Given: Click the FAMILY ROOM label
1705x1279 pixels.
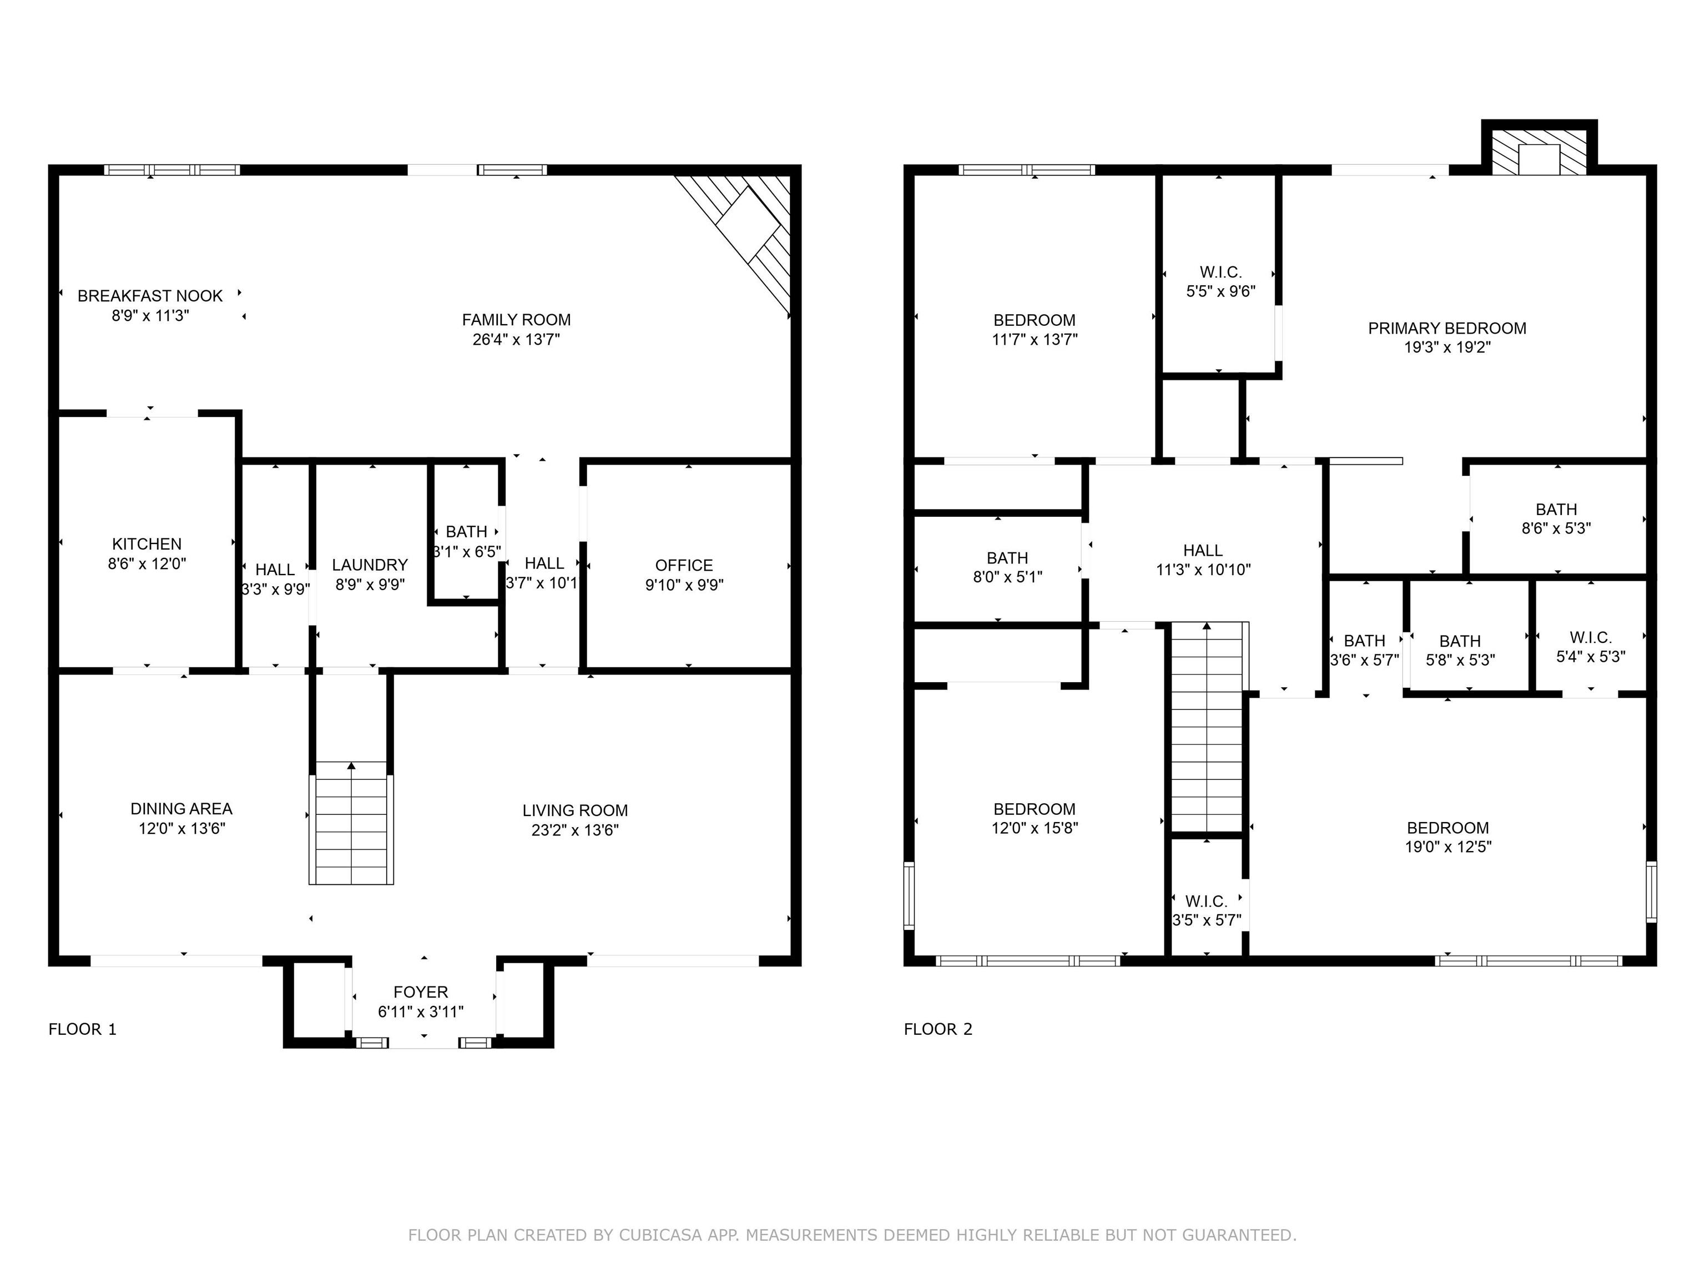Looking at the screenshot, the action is (516, 320).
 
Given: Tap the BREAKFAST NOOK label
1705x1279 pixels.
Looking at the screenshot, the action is (150, 296).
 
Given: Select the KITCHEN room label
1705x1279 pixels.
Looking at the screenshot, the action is (147, 544).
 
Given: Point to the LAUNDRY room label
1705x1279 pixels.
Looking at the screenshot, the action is (370, 565).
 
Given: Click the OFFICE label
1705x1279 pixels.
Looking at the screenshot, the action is (684, 565).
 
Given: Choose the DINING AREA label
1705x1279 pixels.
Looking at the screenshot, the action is (181, 809).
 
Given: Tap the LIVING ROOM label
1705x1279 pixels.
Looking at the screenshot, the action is (575, 810).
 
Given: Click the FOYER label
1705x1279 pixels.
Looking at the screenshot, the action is (421, 992).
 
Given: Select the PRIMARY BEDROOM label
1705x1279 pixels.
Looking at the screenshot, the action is (1447, 329).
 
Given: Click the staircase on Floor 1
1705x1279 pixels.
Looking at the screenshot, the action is (351, 823).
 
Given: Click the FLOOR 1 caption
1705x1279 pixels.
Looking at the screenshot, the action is (83, 1029).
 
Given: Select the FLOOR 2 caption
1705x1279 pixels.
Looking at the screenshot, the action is (938, 1029).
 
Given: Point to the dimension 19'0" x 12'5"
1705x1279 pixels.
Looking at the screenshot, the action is (1447, 847).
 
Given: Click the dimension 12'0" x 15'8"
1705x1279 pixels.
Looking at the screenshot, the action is (1035, 829).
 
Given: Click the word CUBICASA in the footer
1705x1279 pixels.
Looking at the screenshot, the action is (660, 1235).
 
